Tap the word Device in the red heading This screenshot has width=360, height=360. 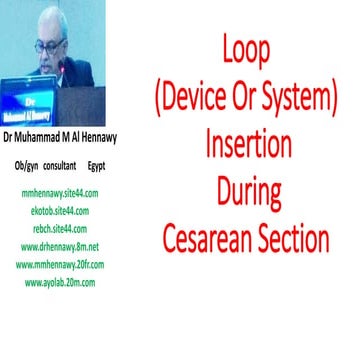215,100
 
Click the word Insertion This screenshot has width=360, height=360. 245,145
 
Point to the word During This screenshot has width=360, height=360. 245,192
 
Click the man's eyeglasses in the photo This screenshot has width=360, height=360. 50,44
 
